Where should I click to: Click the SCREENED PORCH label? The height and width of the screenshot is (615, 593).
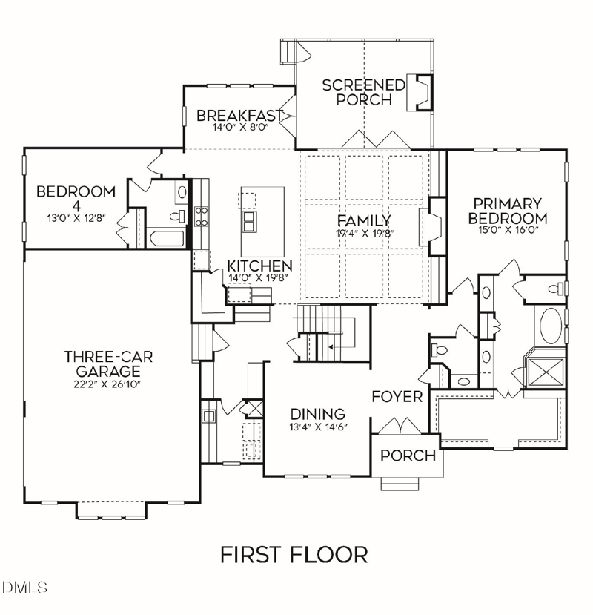click(364, 92)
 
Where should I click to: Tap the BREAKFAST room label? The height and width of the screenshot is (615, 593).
click(239, 116)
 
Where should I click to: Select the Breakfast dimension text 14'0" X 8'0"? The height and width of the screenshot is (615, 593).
click(239, 128)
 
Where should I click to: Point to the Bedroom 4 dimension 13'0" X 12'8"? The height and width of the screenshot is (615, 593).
click(76, 218)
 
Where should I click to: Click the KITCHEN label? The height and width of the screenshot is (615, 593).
click(259, 266)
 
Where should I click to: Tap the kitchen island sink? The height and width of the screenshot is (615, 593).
click(251, 222)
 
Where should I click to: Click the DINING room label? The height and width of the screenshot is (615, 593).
click(317, 414)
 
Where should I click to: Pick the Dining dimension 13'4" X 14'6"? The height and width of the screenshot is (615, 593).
click(317, 427)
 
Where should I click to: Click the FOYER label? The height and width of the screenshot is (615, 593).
click(397, 396)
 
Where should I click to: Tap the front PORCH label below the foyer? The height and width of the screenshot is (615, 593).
click(408, 456)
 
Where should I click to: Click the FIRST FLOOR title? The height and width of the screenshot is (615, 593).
click(294, 554)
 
